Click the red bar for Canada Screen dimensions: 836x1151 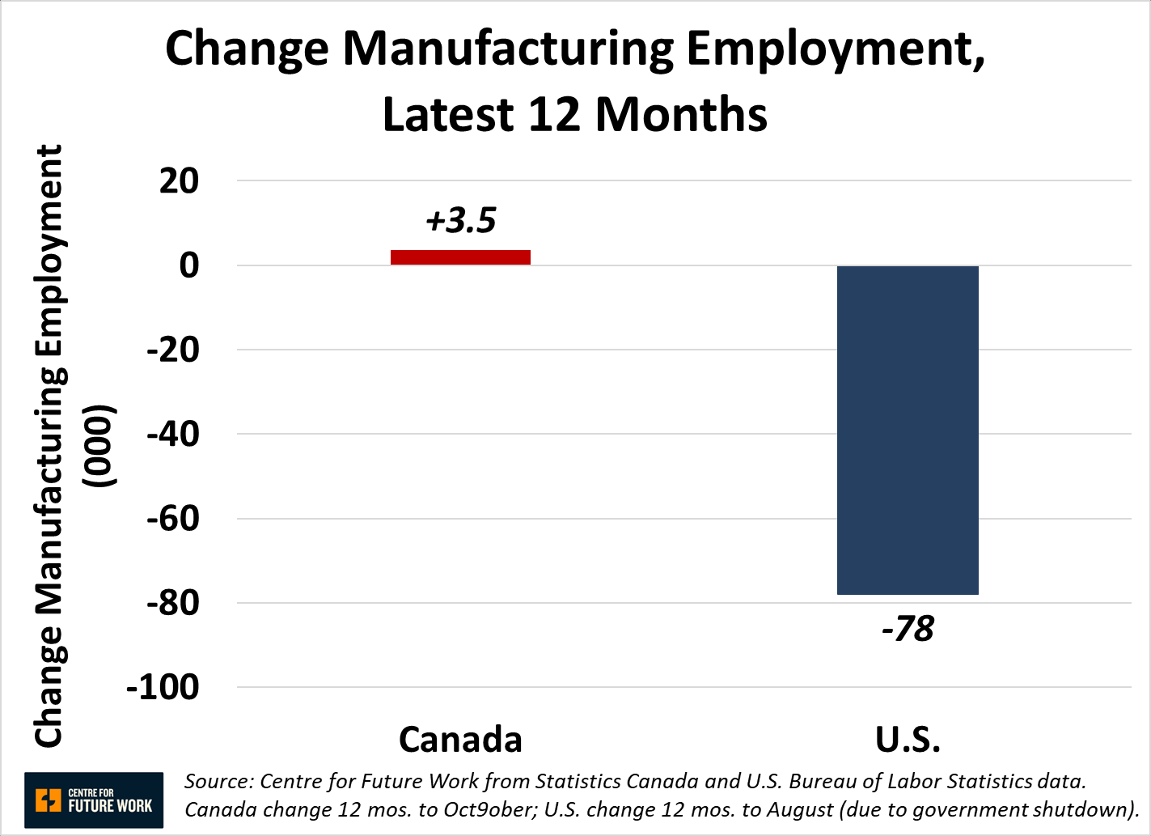coord(460,257)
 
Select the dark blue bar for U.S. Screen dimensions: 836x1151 coord(908,430)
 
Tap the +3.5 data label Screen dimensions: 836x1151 coord(460,220)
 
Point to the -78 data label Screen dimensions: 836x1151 coord(908,629)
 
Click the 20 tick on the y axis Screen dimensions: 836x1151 coord(179,180)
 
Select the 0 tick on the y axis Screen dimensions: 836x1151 coord(188,265)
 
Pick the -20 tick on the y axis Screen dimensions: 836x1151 coord(172,350)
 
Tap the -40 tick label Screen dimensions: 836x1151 coord(172,434)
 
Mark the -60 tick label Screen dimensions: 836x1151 coord(172,518)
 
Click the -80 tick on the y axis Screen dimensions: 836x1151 coord(172,603)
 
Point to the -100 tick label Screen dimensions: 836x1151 coord(163,687)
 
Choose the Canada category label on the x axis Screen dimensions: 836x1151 coord(460,739)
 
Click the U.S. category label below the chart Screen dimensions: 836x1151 coord(908,739)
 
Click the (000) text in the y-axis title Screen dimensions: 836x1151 coord(103,446)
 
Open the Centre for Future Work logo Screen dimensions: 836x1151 coord(94,800)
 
